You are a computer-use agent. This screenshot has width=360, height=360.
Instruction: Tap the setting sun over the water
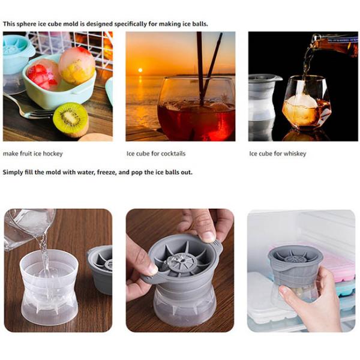tap(140, 70)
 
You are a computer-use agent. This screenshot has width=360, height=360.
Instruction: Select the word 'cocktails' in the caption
tap(170, 154)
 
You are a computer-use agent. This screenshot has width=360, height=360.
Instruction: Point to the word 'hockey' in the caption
tap(53, 154)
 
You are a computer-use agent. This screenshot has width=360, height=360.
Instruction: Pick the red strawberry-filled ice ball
tap(43, 74)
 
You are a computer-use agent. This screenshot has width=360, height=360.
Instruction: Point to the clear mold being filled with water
tap(49, 287)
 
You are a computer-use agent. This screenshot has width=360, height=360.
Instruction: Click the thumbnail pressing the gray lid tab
tap(208, 237)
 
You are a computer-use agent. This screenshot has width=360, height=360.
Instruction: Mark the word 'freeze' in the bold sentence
tap(107, 172)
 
